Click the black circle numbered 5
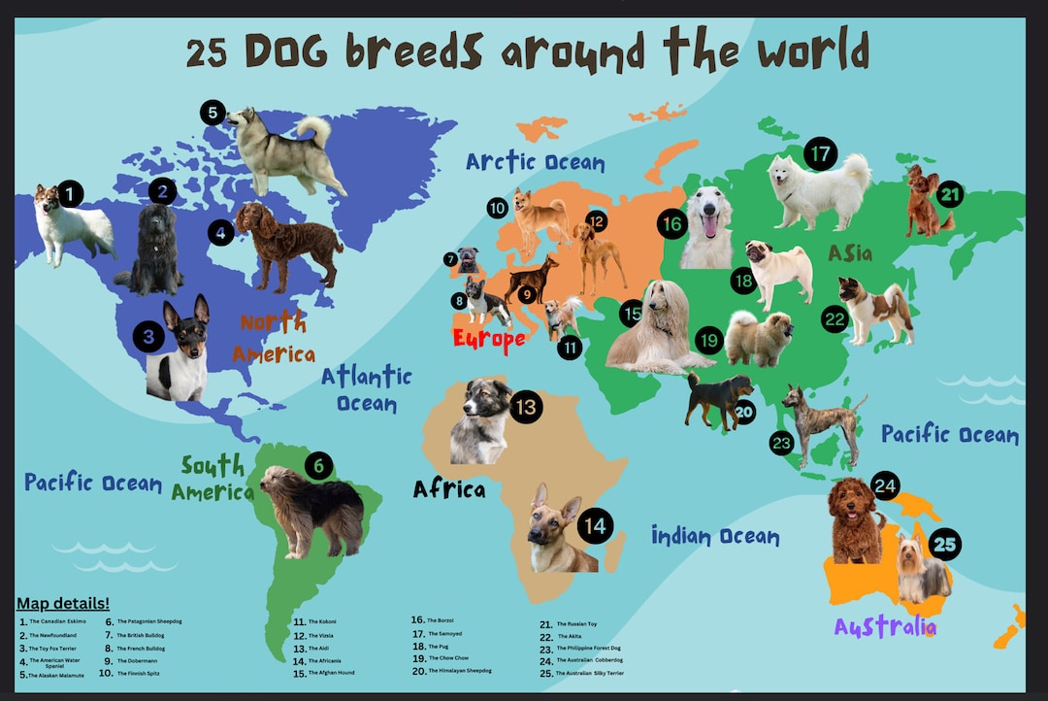[213, 113]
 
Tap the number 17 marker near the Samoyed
[820, 154]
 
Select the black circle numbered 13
[525, 407]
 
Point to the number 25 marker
[944, 544]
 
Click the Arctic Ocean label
[535, 161]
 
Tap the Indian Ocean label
[714, 535]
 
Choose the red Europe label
[488, 339]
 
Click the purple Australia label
[885, 626]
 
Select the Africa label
[448, 488]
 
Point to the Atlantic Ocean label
[367, 388]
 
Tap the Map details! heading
[63, 603]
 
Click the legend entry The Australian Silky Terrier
[590, 673]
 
